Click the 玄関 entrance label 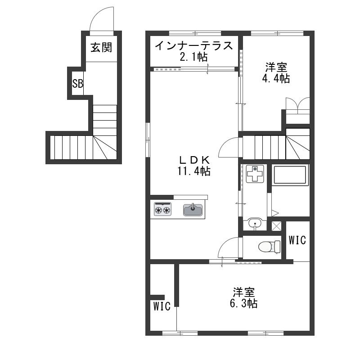pos(101,48)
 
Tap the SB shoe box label pos(77,84)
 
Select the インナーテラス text pos(194,46)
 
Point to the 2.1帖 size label pos(194,57)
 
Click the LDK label pos(194,160)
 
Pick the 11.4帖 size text pos(194,171)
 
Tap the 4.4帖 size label pos(276,78)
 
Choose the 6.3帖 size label pos(243,303)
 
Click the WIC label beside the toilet pos(297,240)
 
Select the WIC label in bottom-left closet pos(162,306)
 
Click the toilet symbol pos(269,247)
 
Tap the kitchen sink pos(193,210)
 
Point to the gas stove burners pos(163,209)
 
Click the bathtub pos(290,175)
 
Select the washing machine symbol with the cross pos(255,173)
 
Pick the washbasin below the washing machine pos(255,223)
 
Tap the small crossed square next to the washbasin pos(276,226)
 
